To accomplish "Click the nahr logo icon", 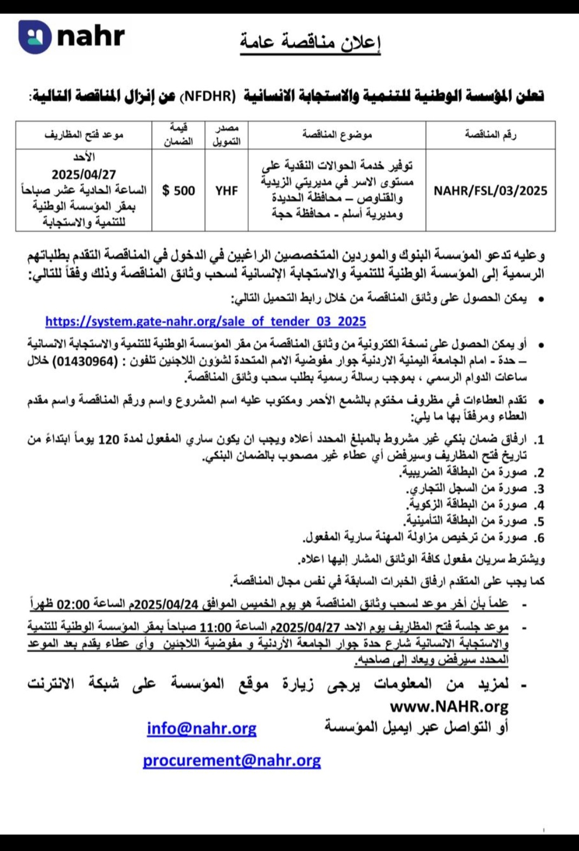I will tap(34, 37).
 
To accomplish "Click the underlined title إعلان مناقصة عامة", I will tap(310, 42).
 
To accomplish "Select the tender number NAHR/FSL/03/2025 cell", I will tap(490, 191).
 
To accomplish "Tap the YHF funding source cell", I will tap(226, 191).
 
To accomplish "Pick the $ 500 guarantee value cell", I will tap(178, 191).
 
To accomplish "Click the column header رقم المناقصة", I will tap(490, 134).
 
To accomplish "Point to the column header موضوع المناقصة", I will tap(337, 134).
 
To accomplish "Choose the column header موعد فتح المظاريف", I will tap(83, 134).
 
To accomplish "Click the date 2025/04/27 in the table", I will tap(83, 175).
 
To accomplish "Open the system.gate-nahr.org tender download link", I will tap(205, 321).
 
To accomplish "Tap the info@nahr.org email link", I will tap(202, 728).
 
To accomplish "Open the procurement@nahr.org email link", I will tap(231, 760).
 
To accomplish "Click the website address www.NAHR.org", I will tap(449, 707).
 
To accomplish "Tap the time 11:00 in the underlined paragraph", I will tap(215, 628).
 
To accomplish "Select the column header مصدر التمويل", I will tap(226, 134).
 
